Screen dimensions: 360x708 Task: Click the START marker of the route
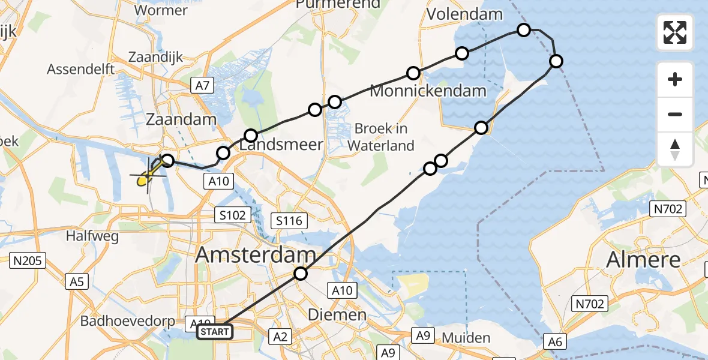215,331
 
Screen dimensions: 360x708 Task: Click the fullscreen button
675,32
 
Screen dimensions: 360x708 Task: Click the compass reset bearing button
675,149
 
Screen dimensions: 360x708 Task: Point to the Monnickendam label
428,91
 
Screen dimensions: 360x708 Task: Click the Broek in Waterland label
381,137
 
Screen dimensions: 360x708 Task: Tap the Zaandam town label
181,119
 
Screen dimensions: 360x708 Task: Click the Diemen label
337,314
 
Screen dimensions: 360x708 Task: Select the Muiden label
466,338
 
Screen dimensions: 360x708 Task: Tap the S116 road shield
289,221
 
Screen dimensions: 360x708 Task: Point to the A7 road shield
202,85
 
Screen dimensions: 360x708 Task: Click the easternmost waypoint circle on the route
556,61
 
